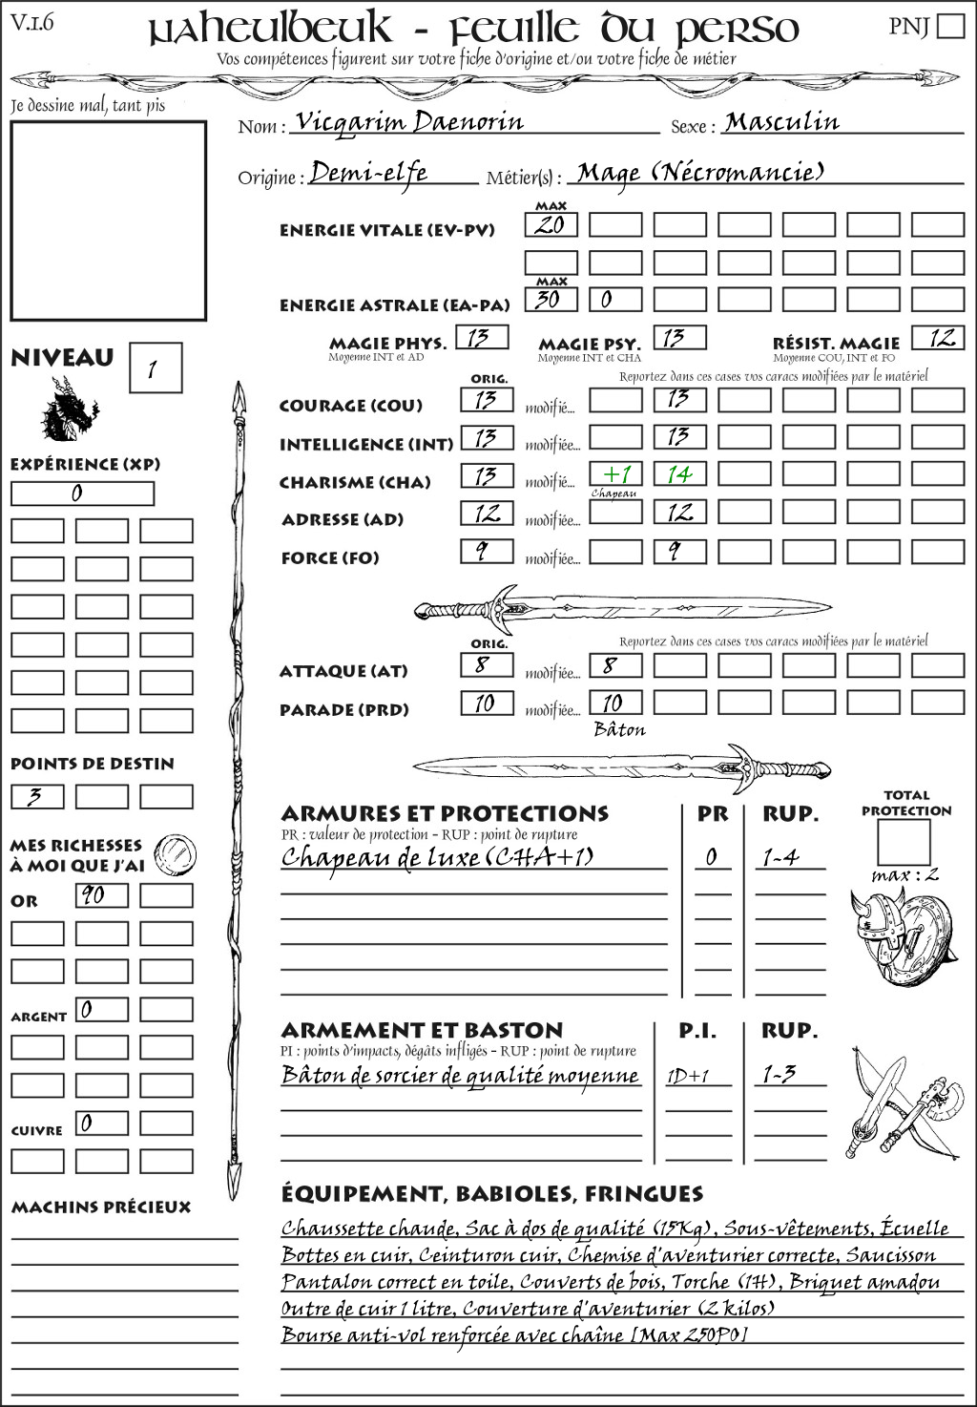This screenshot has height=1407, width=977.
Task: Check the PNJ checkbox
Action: [950, 26]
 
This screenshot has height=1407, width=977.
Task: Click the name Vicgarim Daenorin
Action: [409, 122]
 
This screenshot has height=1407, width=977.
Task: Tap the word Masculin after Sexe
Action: [781, 122]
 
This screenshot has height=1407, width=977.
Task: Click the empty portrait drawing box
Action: [108, 220]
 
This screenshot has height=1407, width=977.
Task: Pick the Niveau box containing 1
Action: [155, 367]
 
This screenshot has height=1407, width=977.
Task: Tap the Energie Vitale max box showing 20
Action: [551, 225]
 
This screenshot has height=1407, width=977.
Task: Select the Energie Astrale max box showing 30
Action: [551, 299]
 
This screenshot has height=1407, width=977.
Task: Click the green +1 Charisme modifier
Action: [615, 474]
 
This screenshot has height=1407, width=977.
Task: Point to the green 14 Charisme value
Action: [679, 474]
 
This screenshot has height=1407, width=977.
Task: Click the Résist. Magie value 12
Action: [941, 338]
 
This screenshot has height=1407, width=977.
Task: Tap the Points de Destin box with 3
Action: [37, 796]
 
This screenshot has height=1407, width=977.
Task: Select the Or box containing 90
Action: [102, 895]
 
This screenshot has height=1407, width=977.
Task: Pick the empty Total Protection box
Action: [904, 842]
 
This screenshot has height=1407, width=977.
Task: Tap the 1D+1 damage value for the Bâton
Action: [688, 1076]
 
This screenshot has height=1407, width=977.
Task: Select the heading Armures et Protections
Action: [445, 814]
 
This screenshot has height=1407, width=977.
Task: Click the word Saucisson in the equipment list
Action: [890, 1255]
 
